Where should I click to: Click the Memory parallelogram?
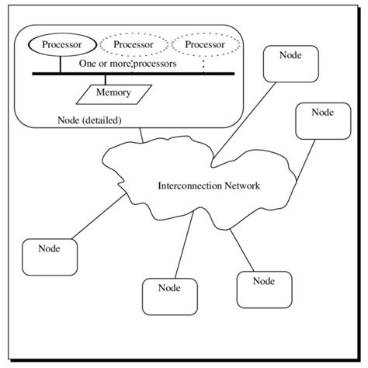tap(113, 93)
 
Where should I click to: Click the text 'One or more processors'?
tap(127, 62)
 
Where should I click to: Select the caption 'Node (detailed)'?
tap(90, 120)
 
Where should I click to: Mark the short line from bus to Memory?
tap(116, 79)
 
